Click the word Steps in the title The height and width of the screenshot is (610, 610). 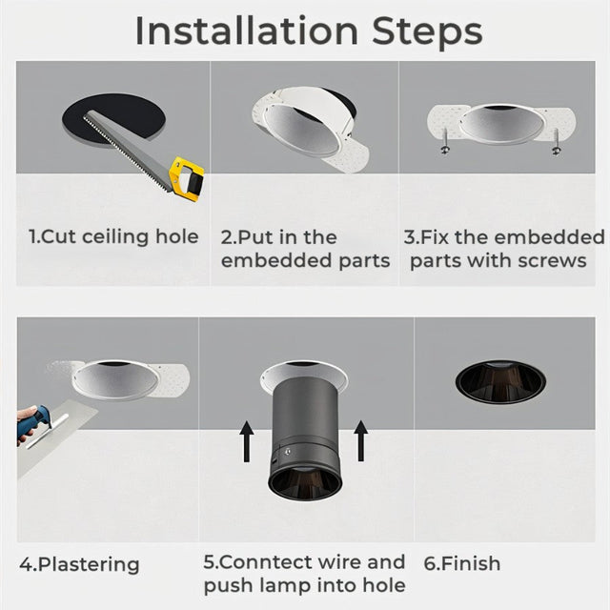(432, 30)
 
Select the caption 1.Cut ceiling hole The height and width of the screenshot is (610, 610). (113, 236)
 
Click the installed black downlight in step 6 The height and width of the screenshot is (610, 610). (499, 380)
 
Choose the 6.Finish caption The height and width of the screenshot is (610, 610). (461, 563)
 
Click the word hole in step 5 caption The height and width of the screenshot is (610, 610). (384, 585)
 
